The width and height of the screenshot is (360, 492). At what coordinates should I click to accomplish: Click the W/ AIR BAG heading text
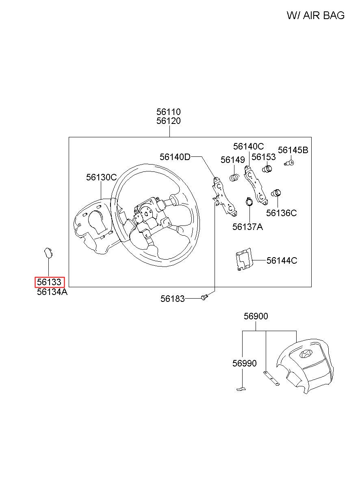point(315,15)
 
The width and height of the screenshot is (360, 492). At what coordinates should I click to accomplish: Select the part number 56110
point(169,112)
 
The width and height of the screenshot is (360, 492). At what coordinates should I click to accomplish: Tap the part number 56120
point(169,121)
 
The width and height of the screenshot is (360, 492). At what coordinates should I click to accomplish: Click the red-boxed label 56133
point(49,282)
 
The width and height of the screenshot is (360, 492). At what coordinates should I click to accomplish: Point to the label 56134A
point(52,292)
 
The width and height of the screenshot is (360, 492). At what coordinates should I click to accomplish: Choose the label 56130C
point(101,178)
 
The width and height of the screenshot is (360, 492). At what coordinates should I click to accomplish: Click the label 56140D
point(175,157)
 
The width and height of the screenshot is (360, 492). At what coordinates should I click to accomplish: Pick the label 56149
point(233,160)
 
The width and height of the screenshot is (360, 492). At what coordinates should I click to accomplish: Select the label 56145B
point(293,150)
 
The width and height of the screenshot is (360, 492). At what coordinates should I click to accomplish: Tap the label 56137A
point(247,227)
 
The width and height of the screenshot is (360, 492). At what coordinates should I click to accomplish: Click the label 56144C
point(282,260)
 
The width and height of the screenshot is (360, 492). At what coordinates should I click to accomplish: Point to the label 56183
point(172,299)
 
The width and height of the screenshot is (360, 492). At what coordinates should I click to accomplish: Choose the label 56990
point(245,363)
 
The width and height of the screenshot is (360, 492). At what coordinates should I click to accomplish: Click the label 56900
point(256,316)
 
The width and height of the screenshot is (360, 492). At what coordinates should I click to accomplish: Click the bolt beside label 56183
point(205,297)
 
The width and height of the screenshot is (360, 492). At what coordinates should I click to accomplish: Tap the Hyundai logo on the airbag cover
point(306,353)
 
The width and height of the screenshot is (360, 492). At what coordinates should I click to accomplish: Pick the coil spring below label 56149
point(234,178)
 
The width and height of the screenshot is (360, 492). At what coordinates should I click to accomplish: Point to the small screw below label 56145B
point(290,163)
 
